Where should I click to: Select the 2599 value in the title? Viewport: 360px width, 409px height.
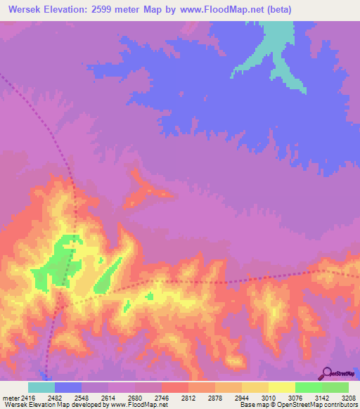[x=110, y=10]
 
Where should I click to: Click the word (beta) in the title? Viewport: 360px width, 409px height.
[x=277, y=10]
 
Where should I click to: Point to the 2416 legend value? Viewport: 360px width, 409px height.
[x=28, y=398]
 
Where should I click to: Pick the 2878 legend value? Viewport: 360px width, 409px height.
[x=225, y=398]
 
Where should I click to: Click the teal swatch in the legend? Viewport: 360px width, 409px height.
[x=41, y=387]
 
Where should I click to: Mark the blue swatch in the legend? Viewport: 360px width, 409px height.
[x=68, y=387]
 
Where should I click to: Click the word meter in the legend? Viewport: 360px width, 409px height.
[x=10, y=398]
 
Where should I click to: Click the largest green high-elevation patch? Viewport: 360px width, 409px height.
[x=60, y=260]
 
